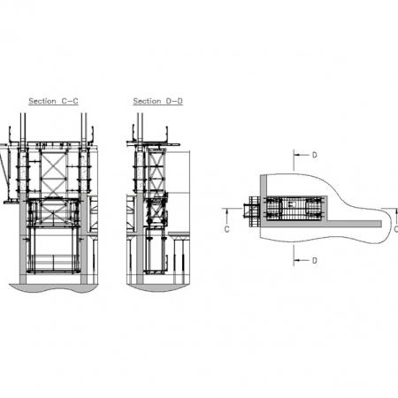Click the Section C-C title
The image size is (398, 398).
(x=53, y=101)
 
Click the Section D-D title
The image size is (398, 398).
(x=157, y=101)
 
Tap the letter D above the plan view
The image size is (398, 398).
(x=315, y=155)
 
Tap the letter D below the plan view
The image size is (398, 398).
(x=315, y=261)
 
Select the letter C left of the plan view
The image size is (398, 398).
(x=226, y=229)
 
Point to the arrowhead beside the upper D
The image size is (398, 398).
(x=297, y=155)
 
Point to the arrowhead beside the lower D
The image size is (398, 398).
(x=297, y=260)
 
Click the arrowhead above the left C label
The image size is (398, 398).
(x=226, y=211)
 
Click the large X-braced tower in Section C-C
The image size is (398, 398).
(x=53, y=174)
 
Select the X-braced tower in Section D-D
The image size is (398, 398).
(x=156, y=172)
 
